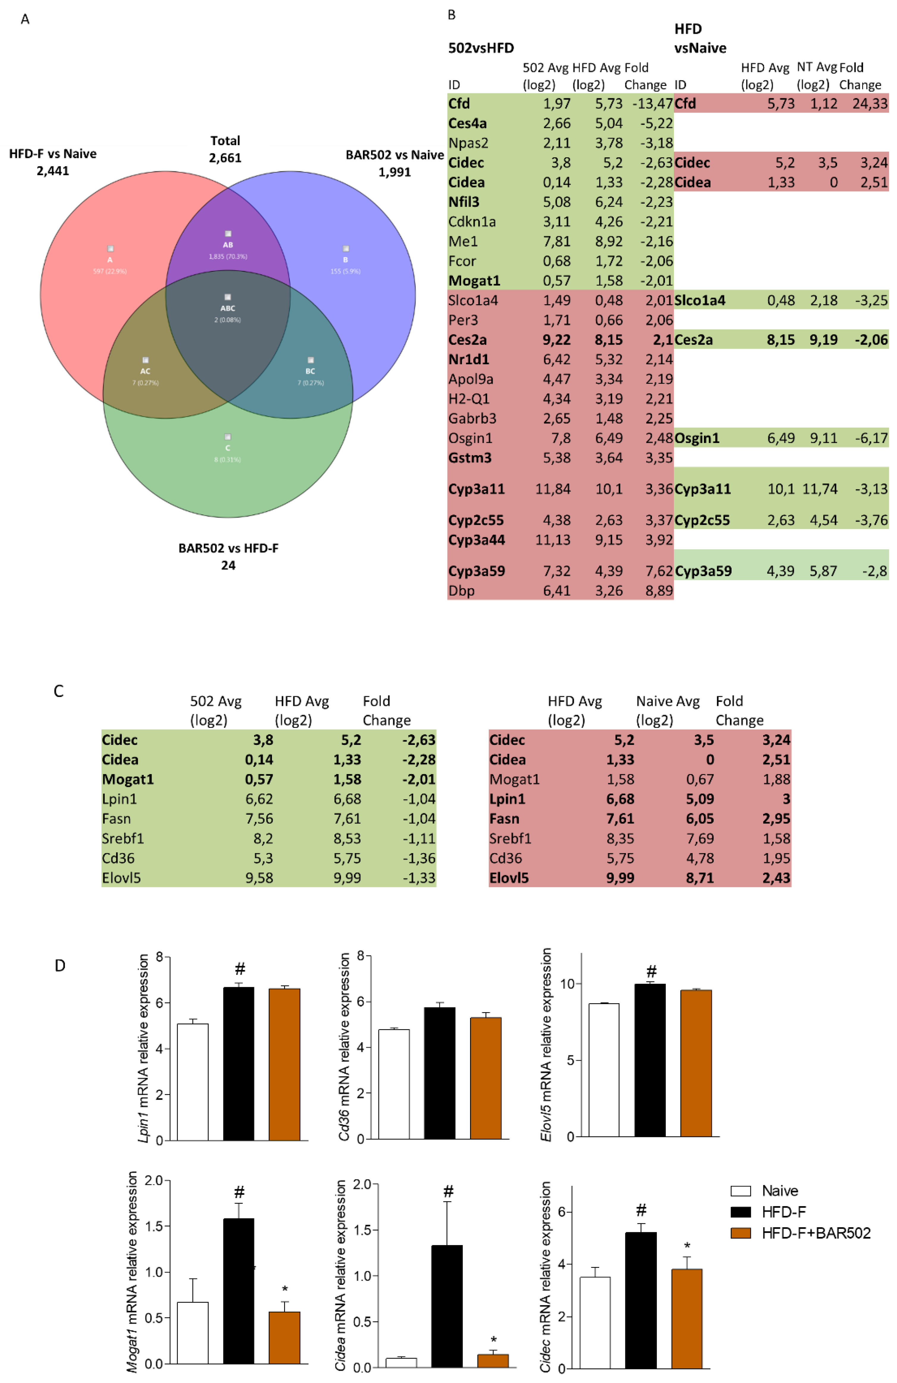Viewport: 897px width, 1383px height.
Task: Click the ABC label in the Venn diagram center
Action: [x=227, y=308]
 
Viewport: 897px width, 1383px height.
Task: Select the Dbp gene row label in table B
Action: [x=461, y=590]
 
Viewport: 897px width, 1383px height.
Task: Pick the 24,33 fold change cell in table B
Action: [x=870, y=103]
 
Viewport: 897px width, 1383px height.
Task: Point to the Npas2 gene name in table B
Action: [x=468, y=143]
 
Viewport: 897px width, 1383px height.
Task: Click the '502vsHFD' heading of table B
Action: [x=481, y=48]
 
